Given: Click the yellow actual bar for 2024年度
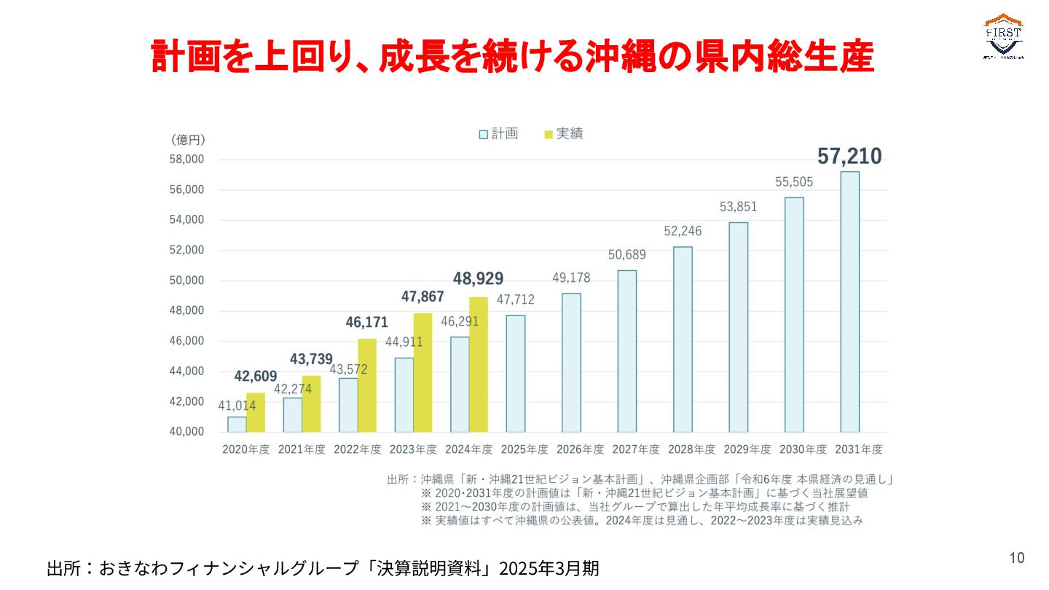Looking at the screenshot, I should coord(479,364).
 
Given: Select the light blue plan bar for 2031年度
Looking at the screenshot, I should coord(849,302).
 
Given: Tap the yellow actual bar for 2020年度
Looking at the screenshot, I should coord(256,412).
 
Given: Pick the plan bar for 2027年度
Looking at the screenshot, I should coord(626,351).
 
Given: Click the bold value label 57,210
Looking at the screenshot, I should coord(849,157).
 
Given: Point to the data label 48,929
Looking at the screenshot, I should coord(478,279).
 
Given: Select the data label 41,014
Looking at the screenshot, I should coord(236,405).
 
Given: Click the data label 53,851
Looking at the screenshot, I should coord(738,207).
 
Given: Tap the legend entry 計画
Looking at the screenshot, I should coord(498,134).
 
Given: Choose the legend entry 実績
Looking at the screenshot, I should coord(563,134).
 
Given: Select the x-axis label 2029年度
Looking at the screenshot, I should coord(738,449).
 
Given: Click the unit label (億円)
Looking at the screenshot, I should coord(189,140).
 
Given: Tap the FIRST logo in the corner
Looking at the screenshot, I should coord(1003,36).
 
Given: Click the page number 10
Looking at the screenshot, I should coord(1016,558).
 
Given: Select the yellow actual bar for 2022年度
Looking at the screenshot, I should coord(367,385).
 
